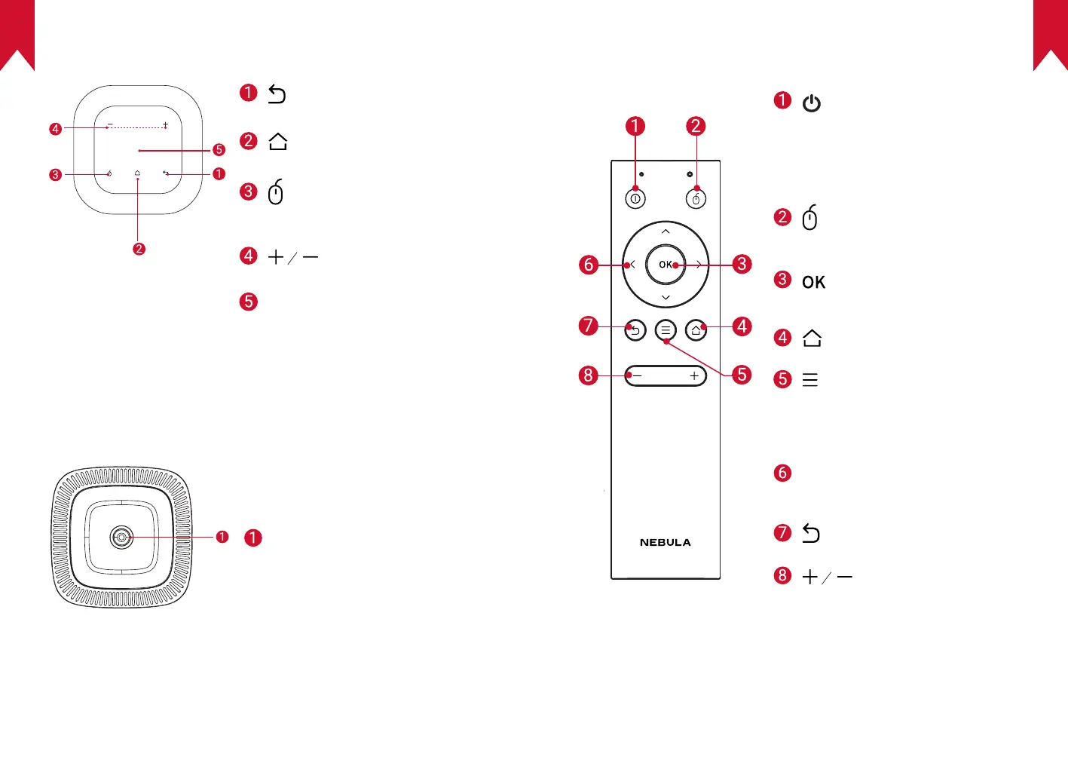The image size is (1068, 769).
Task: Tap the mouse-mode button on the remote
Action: pyautogui.click(x=696, y=199)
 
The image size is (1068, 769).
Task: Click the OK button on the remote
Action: pyautogui.click(x=666, y=265)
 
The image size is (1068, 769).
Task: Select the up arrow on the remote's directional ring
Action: pyautogui.click(x=666, y=231)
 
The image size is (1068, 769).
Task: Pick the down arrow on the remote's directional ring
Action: pyautogui.click(x=666, y=298)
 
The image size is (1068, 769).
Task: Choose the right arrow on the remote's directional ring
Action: pyautogui.click(x=699, y=265)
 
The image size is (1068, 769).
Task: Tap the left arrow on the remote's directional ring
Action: pyautogui.click(x=632, y=265)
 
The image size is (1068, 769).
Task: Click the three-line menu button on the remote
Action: pyautogui.click(x=666, y=330)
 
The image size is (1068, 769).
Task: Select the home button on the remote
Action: pyautogui.click(x=696, y=330)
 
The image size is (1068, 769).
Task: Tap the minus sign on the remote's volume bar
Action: pyautogui.click(x=637, y=375)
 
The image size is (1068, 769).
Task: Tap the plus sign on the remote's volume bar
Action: pyautogui.click(x=694, y=375)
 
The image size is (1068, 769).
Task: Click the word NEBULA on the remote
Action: pyautogui.click(x=665, y=542)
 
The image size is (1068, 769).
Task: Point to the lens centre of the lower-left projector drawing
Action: pyautogui.click(x=121, y=537)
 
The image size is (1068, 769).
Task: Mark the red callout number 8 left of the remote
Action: pyautogui.click(x=588, y=375)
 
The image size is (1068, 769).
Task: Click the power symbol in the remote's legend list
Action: pyautogui.click(x=812, y=103)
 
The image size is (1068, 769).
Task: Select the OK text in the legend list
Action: pyautogui.click(x=813, y=282)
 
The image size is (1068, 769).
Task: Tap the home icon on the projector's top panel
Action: pyautogui.click(x=137, y=173)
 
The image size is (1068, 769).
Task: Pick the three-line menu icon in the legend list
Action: pyautogui.click(x=810, y=379)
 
